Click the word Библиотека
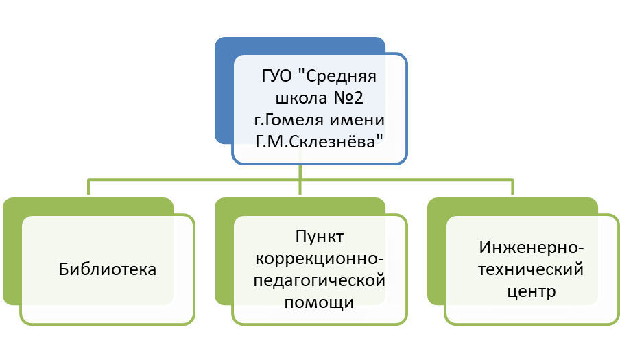coord(107,269)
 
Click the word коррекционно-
coord(319,259)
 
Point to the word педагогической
coord(319,281)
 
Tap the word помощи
coord(319,303)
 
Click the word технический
coord(532,269)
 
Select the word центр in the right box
coord(532,291)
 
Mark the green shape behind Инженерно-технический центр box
coord(436,261)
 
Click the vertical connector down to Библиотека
coord(88,189)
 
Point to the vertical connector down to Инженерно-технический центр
coord(512,189)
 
